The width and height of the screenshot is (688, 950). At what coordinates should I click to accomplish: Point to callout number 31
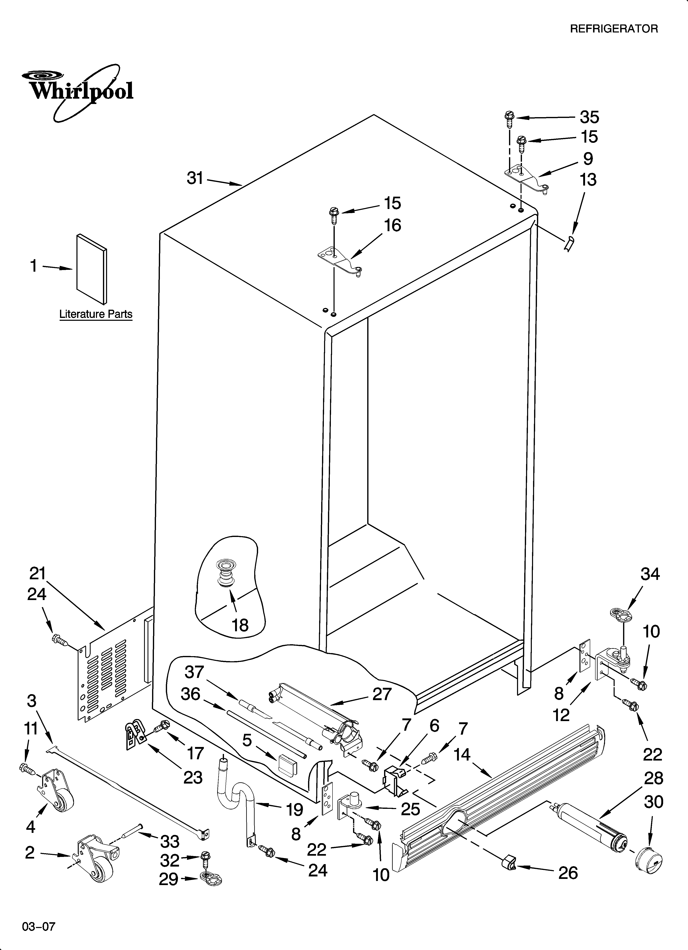click(195, 178)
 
